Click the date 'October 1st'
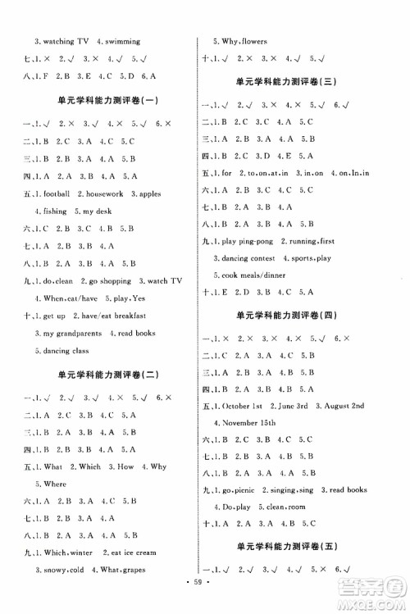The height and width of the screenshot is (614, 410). pyautogui.click(x=242, y=405)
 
